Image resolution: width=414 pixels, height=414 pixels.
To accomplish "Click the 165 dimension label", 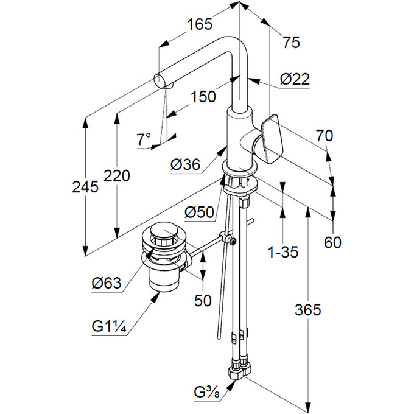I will (x=200, y=25).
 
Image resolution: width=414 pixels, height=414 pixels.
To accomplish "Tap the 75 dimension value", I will (x=291, y=42).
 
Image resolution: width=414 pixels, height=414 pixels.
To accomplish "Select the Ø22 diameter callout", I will (x=295, y=79).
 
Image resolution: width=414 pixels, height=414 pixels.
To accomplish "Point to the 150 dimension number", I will (x=203, y=97).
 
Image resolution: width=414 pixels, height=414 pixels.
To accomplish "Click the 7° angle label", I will (x=143, y=139).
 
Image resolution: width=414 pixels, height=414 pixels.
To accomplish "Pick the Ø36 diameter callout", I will (x=185, y=164).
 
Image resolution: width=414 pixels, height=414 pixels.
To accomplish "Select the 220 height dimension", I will (x=116, y=177).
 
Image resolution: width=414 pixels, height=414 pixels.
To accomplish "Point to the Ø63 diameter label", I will (x=107, y=282).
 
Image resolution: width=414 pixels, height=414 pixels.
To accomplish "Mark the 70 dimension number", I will (x=325, y=136).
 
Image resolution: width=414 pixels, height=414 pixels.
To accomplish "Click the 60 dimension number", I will (x=332, y=242).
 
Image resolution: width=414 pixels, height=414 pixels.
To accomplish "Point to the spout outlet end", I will (x=160, y=80).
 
